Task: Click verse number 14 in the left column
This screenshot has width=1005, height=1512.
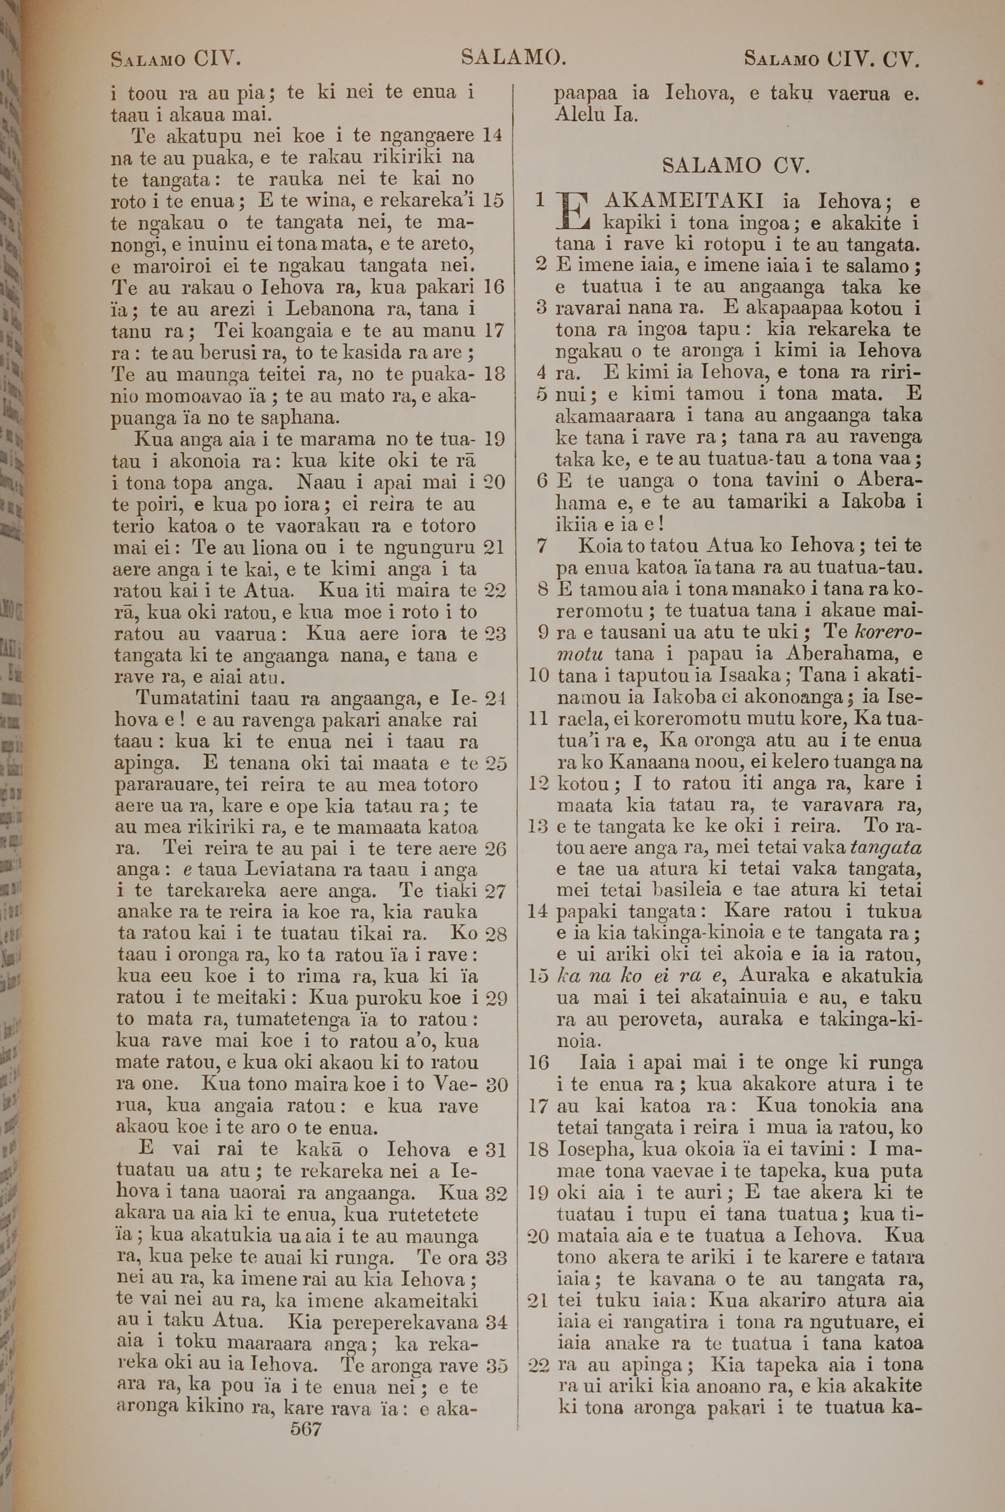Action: pyautogui.click(x=492, y=135)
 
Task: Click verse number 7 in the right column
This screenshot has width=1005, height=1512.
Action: pyautogui.click(x=542, y=546)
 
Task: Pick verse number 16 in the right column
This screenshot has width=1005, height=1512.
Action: pyautogui.click(x=539, y=1063)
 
